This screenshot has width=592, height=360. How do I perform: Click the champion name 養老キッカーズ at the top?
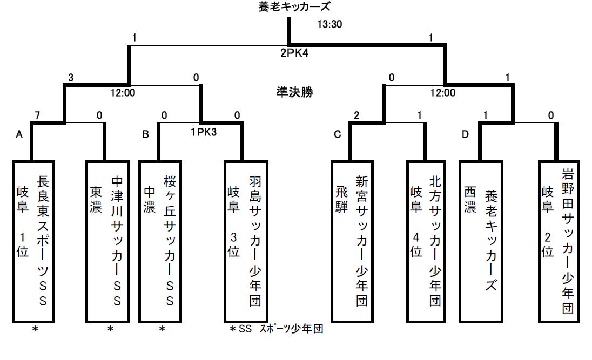pyautogui.click(x=294, y=7)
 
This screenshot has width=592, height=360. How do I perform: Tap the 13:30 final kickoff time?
pyautogui.click(x=329, y=24)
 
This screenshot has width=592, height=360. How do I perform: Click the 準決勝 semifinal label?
pyautogui.click(x=294, y=92)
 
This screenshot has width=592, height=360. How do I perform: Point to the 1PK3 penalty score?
pyautogui.click(x=203, y=131)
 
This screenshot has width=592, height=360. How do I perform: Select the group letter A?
pyautogui.click(x=18, y=134)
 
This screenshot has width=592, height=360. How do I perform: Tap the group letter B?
pyautogui.click(x=145, y=134)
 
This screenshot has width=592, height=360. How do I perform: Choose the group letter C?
pyautogui.click(x=338, y=134)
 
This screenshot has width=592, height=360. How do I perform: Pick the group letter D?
pyautogui.click(x=465, y=134)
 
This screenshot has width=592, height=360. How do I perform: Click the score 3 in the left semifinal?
pyautogui.click(x=71, y=78)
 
